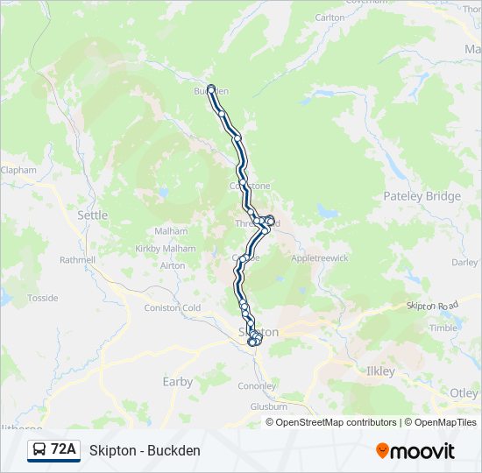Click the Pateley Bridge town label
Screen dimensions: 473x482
tap(422, 196)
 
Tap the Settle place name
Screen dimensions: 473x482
tap(93, 215)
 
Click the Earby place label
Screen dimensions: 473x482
tap(178, 382)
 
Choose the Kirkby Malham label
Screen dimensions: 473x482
tap(166, 249)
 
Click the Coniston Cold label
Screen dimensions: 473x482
tap(173, 308)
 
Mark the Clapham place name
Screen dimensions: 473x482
tap(18, 170)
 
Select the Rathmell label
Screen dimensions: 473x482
tap(77, 260)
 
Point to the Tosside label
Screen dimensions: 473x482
tap(42, 298)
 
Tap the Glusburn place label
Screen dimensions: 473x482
tap(268, 406)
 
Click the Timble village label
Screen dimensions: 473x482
tap(443, 328)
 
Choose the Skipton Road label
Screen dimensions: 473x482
tap(432, 305)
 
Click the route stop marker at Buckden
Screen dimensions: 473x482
tap(211, 88)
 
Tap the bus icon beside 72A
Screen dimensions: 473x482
tap(39, 450)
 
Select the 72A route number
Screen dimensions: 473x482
tap(63, 449)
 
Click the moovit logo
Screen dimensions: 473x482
tap(415, 451)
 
